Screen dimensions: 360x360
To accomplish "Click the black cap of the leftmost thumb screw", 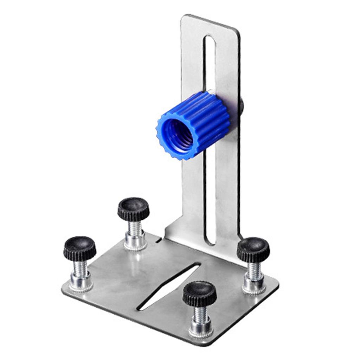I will click(80, 248).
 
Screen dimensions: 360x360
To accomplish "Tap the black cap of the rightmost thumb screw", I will click(253, 249).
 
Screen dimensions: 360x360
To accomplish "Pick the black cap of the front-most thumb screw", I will click(199, 293).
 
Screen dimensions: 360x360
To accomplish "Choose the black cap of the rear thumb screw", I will click(133, 208).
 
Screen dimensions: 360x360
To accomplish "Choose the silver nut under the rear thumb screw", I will click(136, 242).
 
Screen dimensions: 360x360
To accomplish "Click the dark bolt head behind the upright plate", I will click(242, 105).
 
